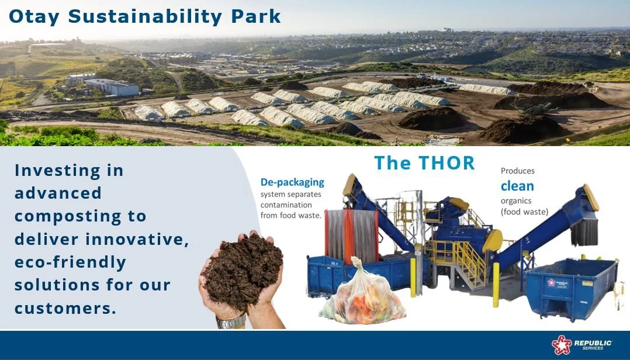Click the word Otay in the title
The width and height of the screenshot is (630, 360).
pyautogui.click(x=34, y=17)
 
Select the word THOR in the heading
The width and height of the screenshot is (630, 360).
pyautogui.click(x=446, y=162)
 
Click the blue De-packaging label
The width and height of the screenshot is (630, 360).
pyautogui.click(x=292, y=182)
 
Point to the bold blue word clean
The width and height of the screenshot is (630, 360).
pyautogui.click(x=517, y=186)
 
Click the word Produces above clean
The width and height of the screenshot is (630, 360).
pyautogui.click(x=518, y=171)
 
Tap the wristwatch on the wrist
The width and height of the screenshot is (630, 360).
pyautogui.click(x=231, y=322)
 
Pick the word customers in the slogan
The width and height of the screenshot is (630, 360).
pyautogui.click(x=65, y=308)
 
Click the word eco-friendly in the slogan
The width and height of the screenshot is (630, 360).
pyautogui.click(x=70, y=263)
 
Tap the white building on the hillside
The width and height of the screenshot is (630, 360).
pyautogui.click(x=112, y=87)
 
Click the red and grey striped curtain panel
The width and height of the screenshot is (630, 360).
pyautogui.click(x=352, y=236)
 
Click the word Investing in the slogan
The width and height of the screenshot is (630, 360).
pyautogui.click(x=57, y=171)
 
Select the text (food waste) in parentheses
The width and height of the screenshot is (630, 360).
pyautogui.click(x=524, y=212)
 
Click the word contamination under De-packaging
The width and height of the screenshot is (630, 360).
pyautogui.click(x=286, y=205)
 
